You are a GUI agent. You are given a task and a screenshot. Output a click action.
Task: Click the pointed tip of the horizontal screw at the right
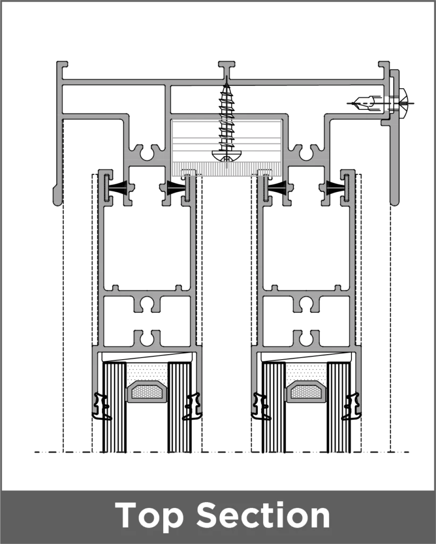point(348,103)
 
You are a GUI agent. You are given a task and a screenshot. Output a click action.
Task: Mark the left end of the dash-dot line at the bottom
point(35,452)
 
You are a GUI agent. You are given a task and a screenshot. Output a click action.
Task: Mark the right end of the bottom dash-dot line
point(408,452)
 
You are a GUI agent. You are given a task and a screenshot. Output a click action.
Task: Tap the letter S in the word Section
point(212,515)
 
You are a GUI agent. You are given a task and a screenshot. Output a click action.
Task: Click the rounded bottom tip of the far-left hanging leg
point(57,202)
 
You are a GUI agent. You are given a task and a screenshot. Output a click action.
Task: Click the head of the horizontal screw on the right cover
point(403,103)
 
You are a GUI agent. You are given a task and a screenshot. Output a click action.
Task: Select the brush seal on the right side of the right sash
point(336,188)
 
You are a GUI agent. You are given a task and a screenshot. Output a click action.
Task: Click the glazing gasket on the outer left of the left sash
point(100,406)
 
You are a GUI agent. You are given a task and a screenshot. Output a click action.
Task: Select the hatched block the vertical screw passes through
point(227,147)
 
